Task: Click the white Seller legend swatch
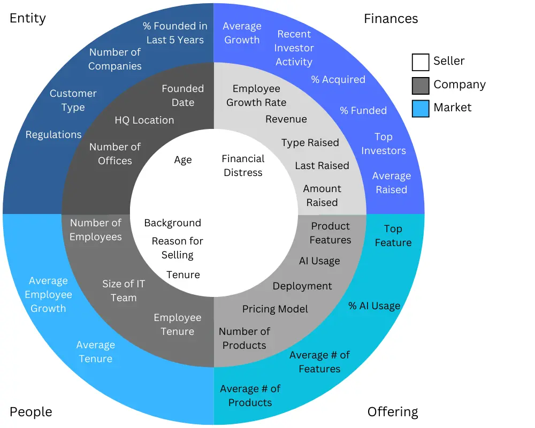coord(421,62)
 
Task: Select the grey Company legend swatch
coord(421,86)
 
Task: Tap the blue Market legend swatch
coord(421,109)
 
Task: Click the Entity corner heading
coord(28,18)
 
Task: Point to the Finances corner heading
coord(391,19)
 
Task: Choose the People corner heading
coord(31,412)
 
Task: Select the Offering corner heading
coord(393,412)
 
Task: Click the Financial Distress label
coord(243,166)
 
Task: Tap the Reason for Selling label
coord(177,248)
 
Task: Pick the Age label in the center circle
coord(182,160)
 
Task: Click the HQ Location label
coord(144,120)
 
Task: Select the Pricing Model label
coord(275,309)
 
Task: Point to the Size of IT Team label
coord(124,291)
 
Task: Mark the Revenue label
coord(286,119)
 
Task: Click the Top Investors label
coord(383,144)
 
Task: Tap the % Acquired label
coord(338,80)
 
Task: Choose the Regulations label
coord(53,135)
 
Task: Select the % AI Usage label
coord(374,306)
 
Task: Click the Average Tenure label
coord(95,352)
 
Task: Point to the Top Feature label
coord(393,236)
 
